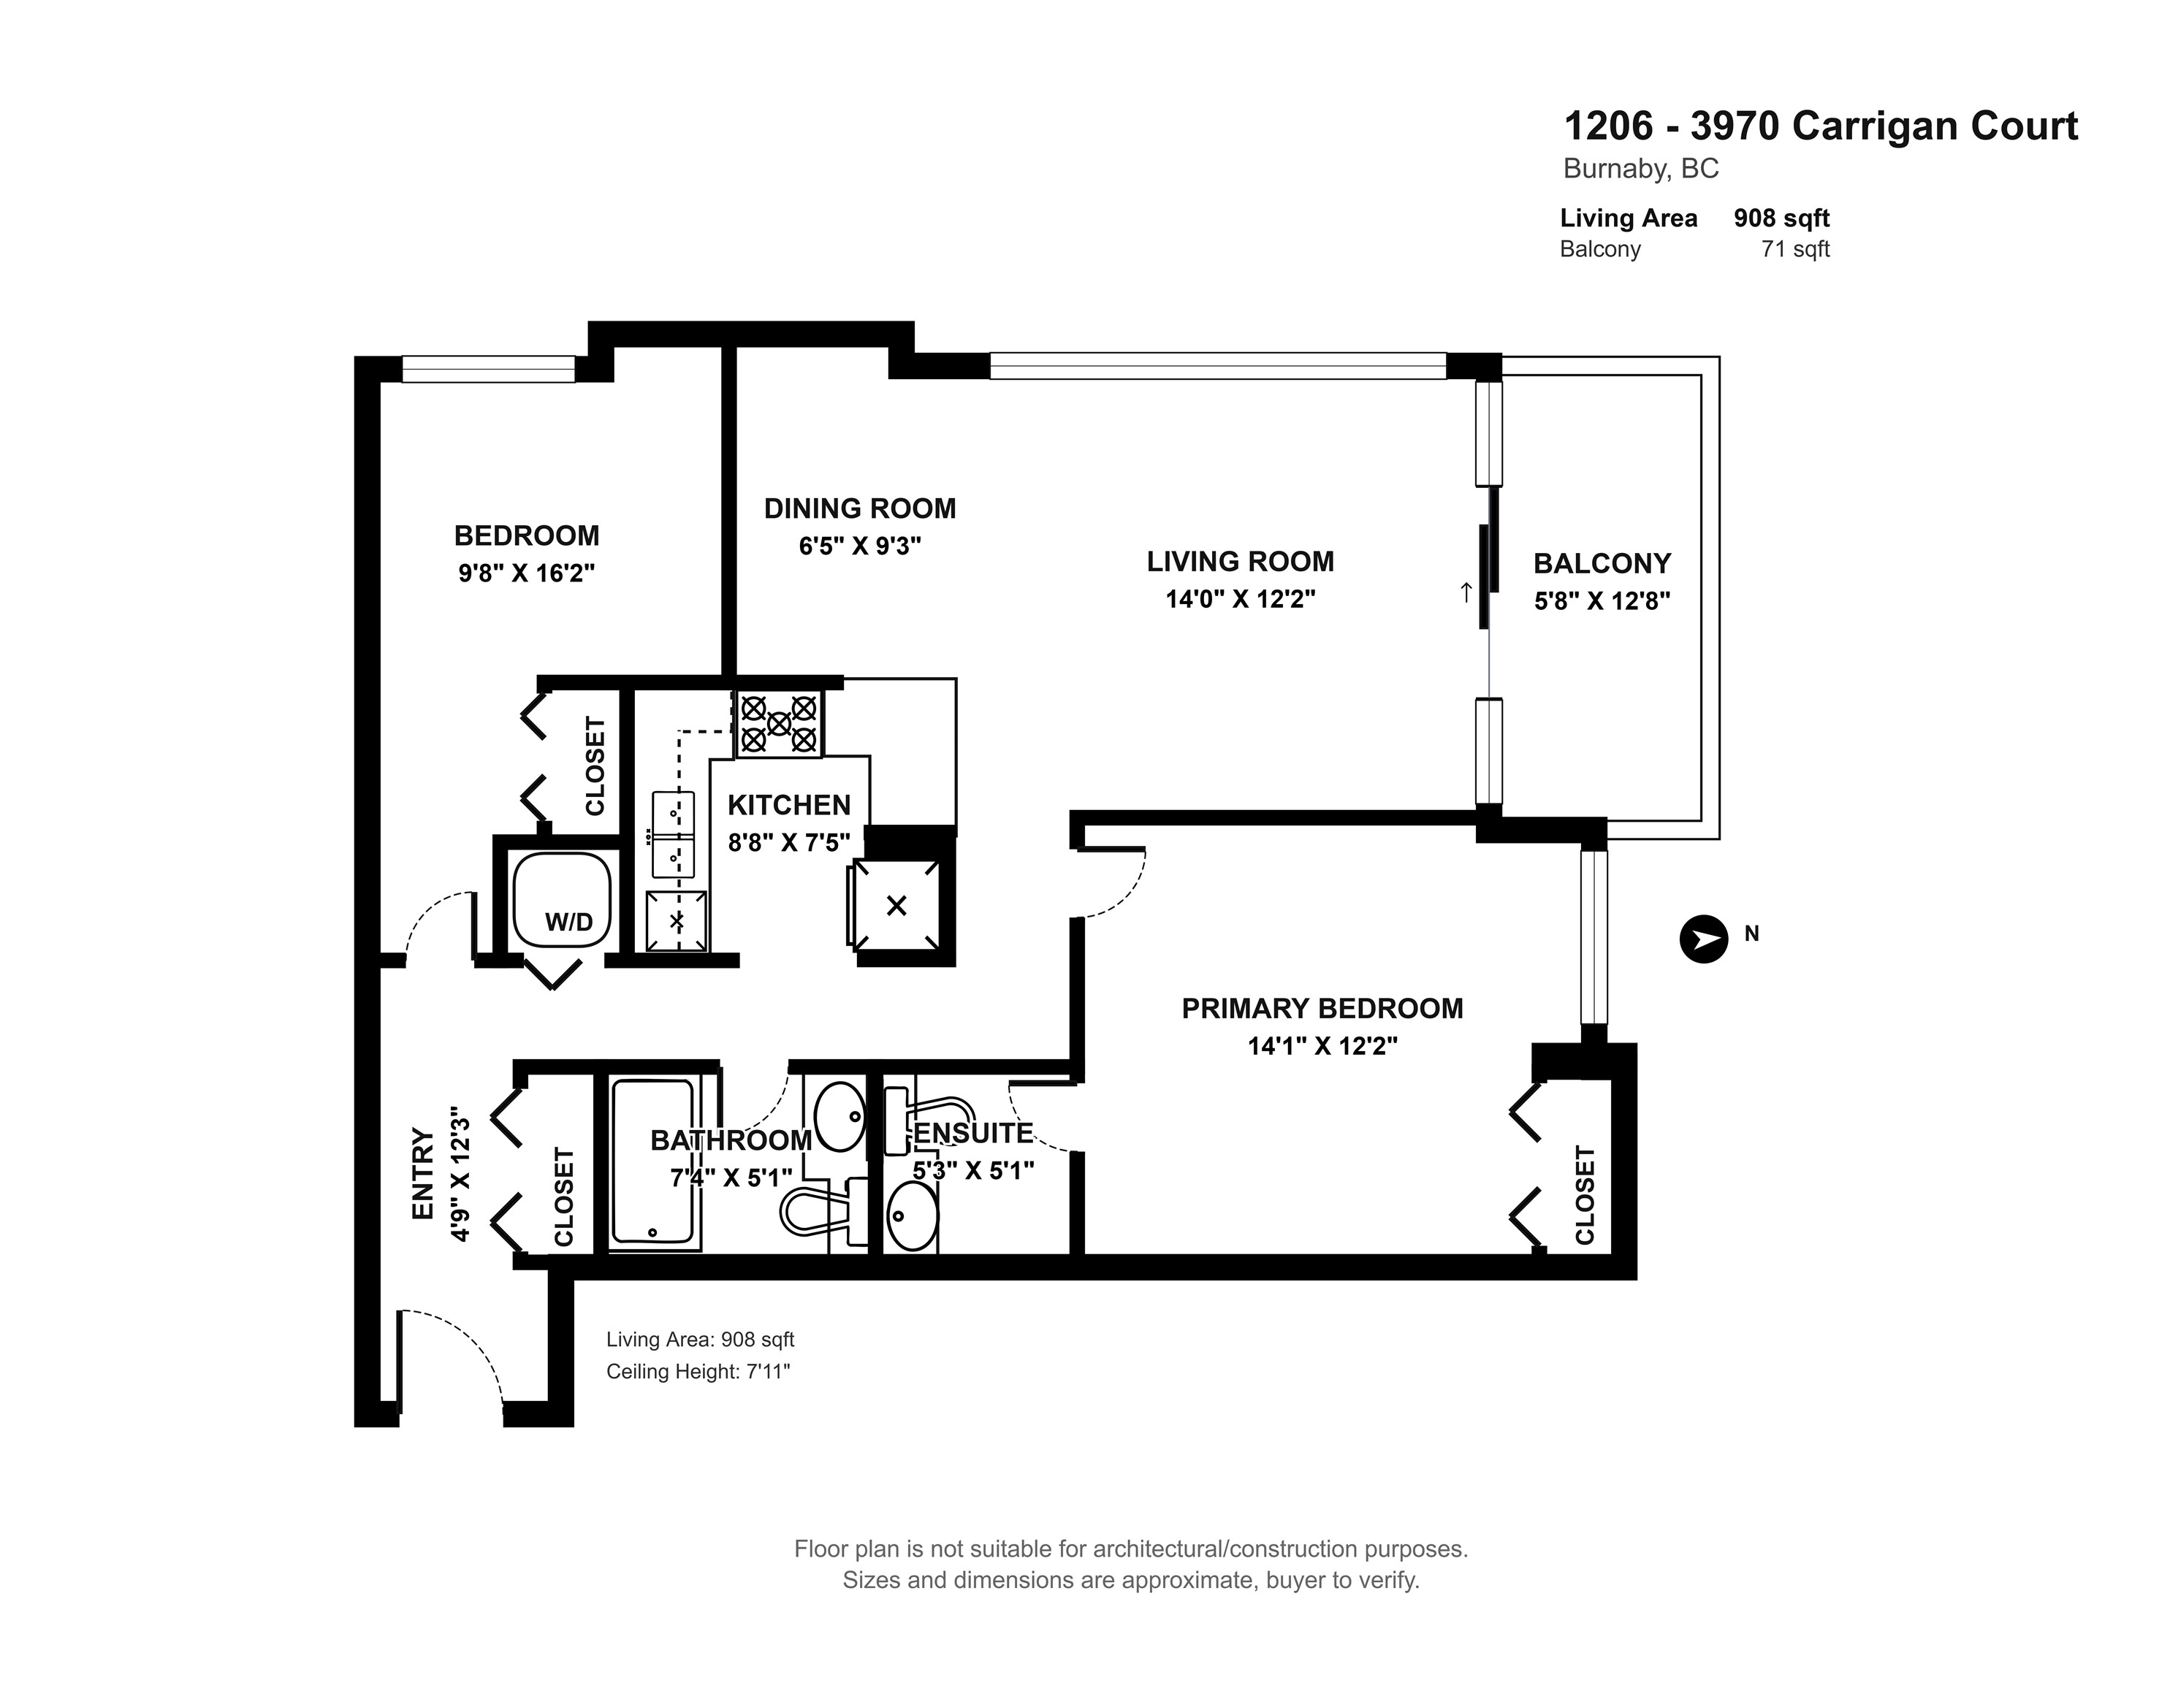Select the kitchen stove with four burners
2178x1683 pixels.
pyautogui.click(x=779, y=724)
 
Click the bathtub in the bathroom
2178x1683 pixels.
pyautogui.click(x=654, y=1161)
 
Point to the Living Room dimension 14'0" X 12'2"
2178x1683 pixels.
pyautogui.click(x=1241, y=599)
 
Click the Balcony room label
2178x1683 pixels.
pyautogui.click(x=1602, y=563)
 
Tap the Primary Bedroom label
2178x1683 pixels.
pyautogui.click(x=1322, y=1008)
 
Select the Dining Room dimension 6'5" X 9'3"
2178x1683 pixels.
pyautogui.click(x=860, y=546)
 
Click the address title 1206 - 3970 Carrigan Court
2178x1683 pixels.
pyautogui.click(x=1821, y=126)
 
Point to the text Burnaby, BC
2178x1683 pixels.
pyautogui.click(x=1640, y=169)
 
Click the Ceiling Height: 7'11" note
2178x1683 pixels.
pyautogui.click(x=698, y=1372)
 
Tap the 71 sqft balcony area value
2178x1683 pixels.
pyautogui.click(x=1795, y=249)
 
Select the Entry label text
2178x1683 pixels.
pyautogui.click(x=424, y=1174)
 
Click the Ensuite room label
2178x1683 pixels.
pyautogui.click(x=973, y=1134)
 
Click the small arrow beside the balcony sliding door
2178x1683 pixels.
pyautogui.click(x=1465, y=593)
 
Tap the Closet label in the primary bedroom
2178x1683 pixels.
pyautogui.click(x=1585, y=1196)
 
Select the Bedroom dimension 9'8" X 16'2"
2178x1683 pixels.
pyautogui.click(x=527, y=573)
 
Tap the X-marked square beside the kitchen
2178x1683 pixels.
pyautogui.click(x=896, y=905)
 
